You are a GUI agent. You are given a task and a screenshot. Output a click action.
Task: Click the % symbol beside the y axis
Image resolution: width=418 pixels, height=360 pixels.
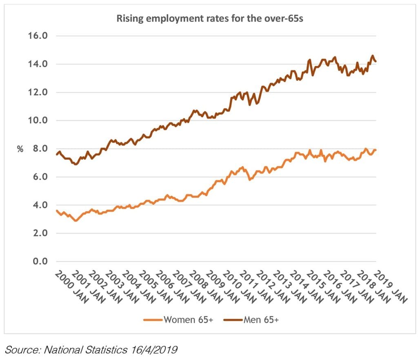pos(20,149)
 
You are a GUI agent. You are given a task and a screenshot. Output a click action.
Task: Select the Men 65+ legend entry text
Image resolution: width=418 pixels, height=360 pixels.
pos(261,320)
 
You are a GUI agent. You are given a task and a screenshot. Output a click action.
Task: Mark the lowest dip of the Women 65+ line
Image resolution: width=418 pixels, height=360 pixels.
pos(76,221)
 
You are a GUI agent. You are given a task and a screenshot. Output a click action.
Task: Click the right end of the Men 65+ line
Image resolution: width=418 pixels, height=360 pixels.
pos(376,61)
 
